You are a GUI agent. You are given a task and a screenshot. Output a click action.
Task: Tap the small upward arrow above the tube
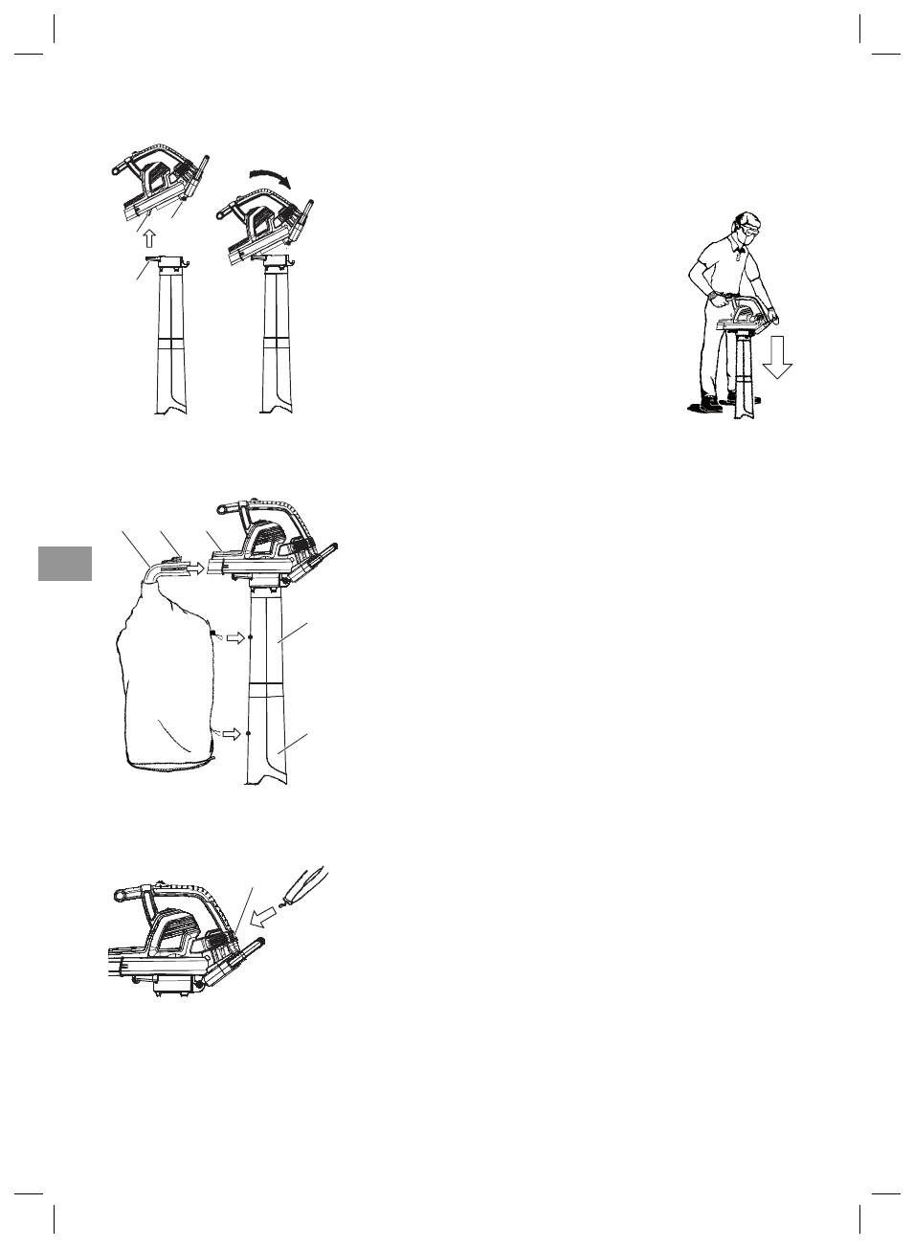tap(147, 236)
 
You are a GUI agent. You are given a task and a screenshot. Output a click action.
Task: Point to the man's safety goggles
tap(749, 231)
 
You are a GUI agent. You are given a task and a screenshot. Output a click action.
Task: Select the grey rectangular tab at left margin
tap(65, 564)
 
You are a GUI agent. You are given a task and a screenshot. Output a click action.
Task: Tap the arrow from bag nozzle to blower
tap(195, 568)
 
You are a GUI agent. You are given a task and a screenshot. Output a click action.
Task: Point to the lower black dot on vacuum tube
tap(250, 733)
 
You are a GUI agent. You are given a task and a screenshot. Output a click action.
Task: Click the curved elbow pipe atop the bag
tap(152, 573)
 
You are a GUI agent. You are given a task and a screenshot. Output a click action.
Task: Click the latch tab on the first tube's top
tap(151, 259)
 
